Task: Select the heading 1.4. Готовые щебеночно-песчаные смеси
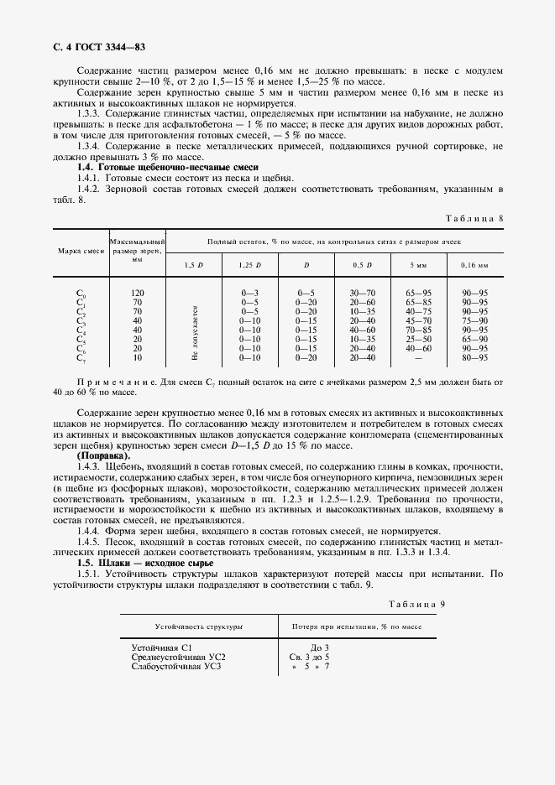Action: pos(144,168)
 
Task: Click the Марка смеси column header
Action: pos(81,251)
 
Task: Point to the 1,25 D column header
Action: pos(249,266)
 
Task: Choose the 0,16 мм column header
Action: pos(474,266)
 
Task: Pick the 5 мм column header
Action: pos(417,266)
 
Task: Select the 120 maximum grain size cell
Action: pos(138,293)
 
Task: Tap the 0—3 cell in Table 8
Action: pos(249,293)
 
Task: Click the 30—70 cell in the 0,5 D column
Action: pos(362,293)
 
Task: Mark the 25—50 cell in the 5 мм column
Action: pos(417,339)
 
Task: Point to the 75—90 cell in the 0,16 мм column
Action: pos(474,320)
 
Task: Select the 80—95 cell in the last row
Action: pos(474,357)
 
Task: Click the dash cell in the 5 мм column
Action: pos(417,357)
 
